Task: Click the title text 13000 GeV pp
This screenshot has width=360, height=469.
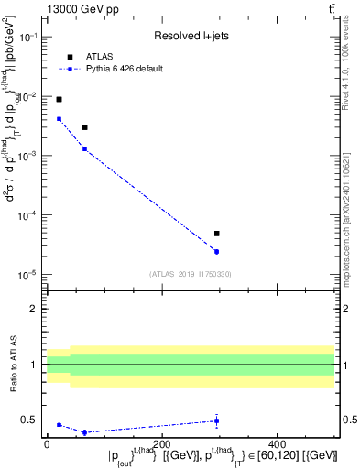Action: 78,8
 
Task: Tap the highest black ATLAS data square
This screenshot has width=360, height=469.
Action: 59,99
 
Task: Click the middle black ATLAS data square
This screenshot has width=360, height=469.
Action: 84,127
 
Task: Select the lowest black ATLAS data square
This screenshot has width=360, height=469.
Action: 216,234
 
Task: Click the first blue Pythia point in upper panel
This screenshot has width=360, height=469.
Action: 59,118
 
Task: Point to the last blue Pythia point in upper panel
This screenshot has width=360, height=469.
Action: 216,251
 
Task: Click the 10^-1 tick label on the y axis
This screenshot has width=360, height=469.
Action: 29,38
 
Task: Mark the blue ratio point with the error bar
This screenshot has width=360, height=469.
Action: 216,420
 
